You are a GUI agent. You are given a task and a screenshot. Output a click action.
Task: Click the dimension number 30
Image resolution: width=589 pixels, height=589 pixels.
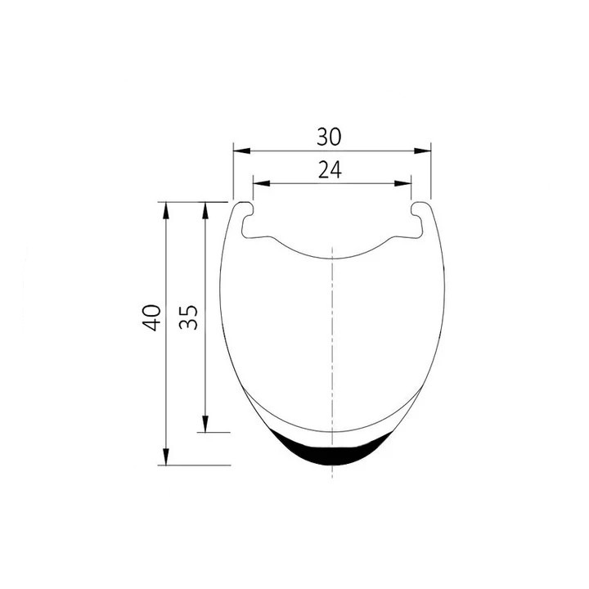(329, 137)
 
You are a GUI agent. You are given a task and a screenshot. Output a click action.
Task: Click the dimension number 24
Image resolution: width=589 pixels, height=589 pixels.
(330, 169)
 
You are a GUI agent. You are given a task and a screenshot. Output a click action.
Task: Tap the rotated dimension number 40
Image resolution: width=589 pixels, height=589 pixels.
(152, 317)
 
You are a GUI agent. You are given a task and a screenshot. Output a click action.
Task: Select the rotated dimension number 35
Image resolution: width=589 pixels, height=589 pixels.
(188, 317)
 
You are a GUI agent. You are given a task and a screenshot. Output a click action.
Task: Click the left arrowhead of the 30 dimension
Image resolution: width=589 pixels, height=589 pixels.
(242, 151)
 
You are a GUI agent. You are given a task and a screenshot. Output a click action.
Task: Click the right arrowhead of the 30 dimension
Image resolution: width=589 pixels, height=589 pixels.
(423, 151)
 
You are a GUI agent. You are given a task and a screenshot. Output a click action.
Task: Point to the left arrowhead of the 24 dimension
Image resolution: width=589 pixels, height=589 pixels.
(262, 183)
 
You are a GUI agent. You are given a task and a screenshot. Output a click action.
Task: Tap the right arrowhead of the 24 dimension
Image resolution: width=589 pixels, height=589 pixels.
(402, 183)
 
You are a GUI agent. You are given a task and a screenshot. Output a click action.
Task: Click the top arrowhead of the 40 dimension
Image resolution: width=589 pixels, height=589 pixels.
(165, 211)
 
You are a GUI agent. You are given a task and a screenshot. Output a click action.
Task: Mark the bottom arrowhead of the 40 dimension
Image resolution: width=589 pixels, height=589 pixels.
(165, 456)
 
